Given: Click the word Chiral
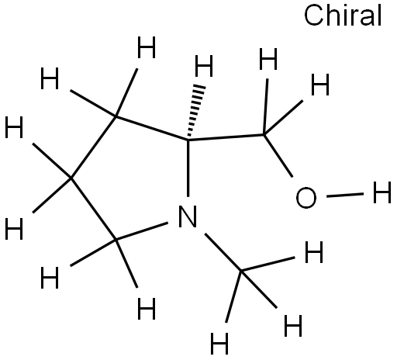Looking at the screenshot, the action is [343, 16].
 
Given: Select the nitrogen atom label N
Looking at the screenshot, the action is [188, 216].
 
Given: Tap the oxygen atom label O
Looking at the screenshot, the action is [306, 198].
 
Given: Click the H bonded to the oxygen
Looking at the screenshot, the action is [381, 192].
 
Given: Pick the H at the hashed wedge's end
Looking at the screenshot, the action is [204, 66].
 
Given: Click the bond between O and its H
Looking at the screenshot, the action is [345, 195].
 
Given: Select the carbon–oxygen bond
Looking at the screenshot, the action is [278, 156].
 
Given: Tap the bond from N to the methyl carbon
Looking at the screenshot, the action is [223, 252].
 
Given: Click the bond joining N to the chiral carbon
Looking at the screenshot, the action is [188, 168].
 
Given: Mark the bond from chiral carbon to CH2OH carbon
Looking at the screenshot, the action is [226, 137].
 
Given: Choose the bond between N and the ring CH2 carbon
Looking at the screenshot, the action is [142, 231].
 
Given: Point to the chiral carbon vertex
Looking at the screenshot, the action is [188, 140].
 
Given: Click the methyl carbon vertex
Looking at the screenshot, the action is [241, 271].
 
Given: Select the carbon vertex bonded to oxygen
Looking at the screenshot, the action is [264, 135].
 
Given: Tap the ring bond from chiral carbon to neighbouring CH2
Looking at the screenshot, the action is [152, 128].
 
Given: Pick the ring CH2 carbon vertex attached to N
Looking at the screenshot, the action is [116, 240].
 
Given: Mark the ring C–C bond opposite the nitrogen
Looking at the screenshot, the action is [93, 147].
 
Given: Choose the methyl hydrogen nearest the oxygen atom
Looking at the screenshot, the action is [314, 252].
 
